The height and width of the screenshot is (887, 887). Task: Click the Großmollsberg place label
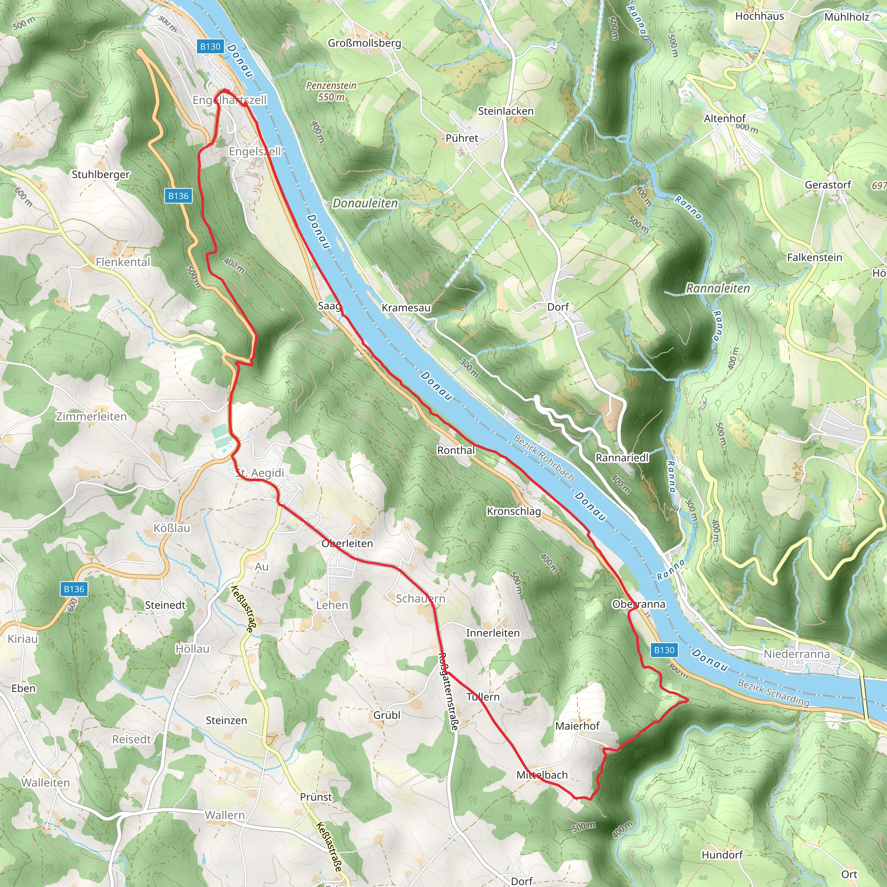click(x=364, y=43)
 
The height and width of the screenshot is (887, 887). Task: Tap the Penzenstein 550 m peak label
click(x=331, y=91)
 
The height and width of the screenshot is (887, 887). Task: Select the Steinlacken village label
click(x=505, y=111)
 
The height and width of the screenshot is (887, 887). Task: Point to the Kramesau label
click(x=406, y=308)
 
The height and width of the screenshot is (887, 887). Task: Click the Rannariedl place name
click(x=622, y=458)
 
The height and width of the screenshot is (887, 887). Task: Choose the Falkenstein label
click(x=815, y=258)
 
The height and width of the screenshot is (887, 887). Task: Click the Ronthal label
click(x=456, y=450)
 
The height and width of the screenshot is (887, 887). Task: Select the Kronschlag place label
click(x=514, y=511)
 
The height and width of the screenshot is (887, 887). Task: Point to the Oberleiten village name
click(x=347, y=544)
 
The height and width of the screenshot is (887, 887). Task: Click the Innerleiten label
click(x=492, y=633)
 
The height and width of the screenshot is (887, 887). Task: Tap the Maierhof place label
click(x=577, y=726)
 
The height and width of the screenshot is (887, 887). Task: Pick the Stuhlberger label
click(x=101, y=175)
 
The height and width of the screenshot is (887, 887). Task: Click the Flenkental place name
click(x=123, y=262)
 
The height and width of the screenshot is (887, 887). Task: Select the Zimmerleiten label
click(x=91, y=416)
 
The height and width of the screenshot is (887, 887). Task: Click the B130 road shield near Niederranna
click(x=664, y=650)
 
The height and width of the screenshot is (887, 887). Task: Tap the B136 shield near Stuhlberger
click(x=178, y=196)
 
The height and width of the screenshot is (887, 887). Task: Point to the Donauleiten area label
click(x=365, y=203)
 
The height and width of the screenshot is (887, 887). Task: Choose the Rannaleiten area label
click(x=718, y=288)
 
